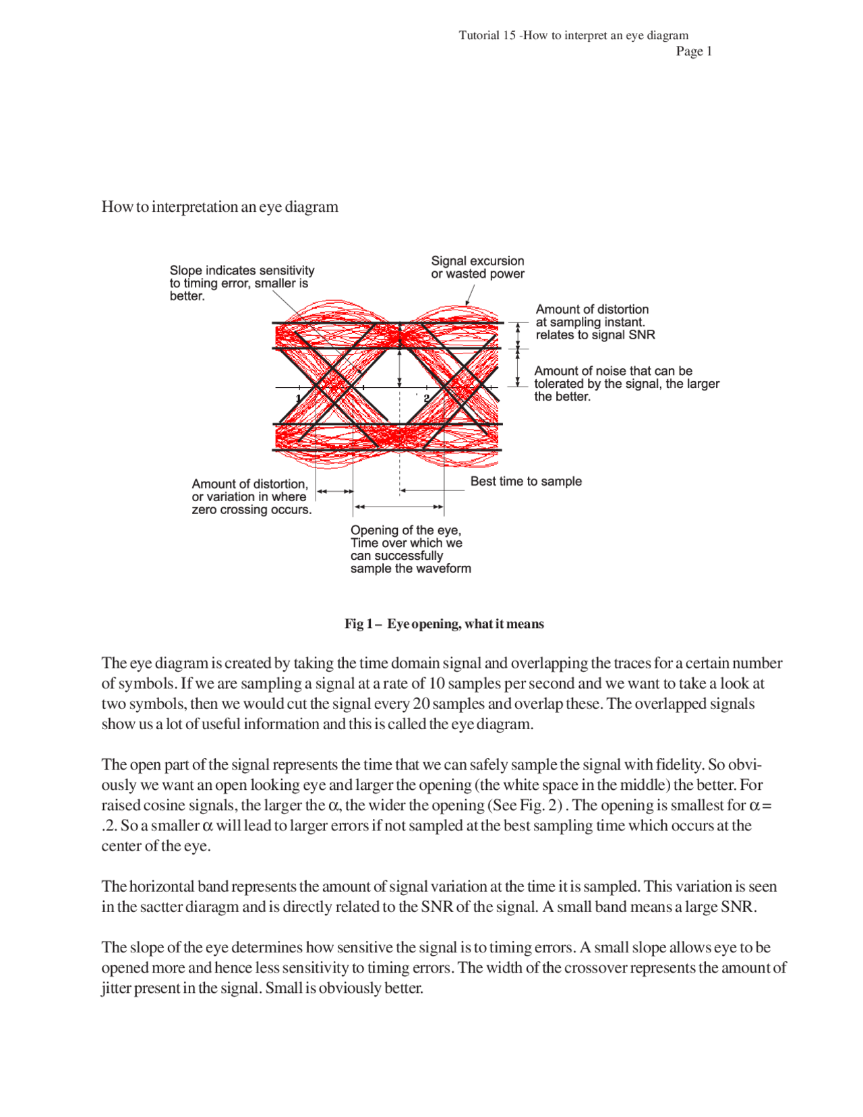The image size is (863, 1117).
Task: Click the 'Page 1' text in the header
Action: [x=694, y=51]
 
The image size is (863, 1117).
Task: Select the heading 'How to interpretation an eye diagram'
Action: [x=220, y=206]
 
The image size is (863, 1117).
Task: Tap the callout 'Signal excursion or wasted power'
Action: [x=477, y=267]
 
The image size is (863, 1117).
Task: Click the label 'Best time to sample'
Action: [x=526, y=481]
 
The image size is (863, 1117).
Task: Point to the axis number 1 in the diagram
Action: [x=299, y=399]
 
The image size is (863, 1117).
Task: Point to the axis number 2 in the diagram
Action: [x=426, y=399]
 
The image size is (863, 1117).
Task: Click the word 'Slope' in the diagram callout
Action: [x=186, y=270]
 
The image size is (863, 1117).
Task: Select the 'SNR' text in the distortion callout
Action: [x=641, y=335]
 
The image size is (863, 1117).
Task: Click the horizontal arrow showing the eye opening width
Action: [x=399, y=507]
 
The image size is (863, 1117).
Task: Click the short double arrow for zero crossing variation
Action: [x=335, y=492]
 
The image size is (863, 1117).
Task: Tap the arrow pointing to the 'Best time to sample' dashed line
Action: [x=431, y=490]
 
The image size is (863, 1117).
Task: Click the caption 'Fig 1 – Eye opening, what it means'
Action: [x=444, y=624]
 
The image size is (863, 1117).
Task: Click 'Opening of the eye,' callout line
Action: [x=406, y=530]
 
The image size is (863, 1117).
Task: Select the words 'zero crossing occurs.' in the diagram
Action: [x=251, y=510]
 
